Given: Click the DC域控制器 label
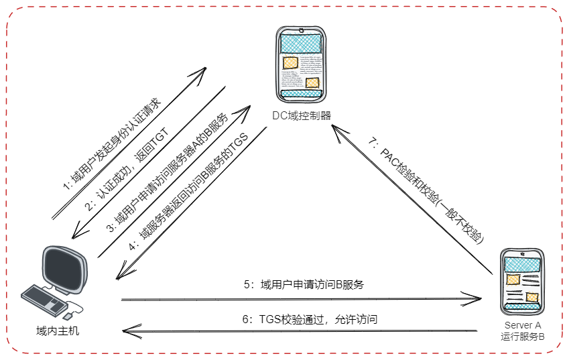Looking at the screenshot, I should coord(301,115).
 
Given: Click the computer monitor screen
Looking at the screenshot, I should coord(64,269).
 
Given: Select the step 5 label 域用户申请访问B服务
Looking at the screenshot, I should coord(303,284).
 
